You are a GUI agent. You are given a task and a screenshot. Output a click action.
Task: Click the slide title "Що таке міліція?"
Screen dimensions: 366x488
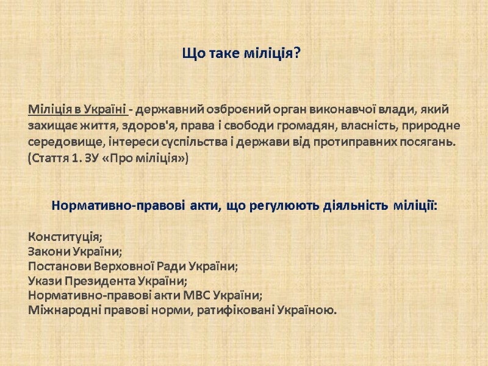pyautogui.click(x=242, y=54)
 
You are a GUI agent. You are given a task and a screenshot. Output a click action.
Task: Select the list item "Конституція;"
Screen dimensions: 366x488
pyautogui.click(x=65, y=237)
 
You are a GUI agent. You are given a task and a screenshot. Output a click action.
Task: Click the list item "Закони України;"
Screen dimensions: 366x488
pyautogui.click(x=75, y=251)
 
